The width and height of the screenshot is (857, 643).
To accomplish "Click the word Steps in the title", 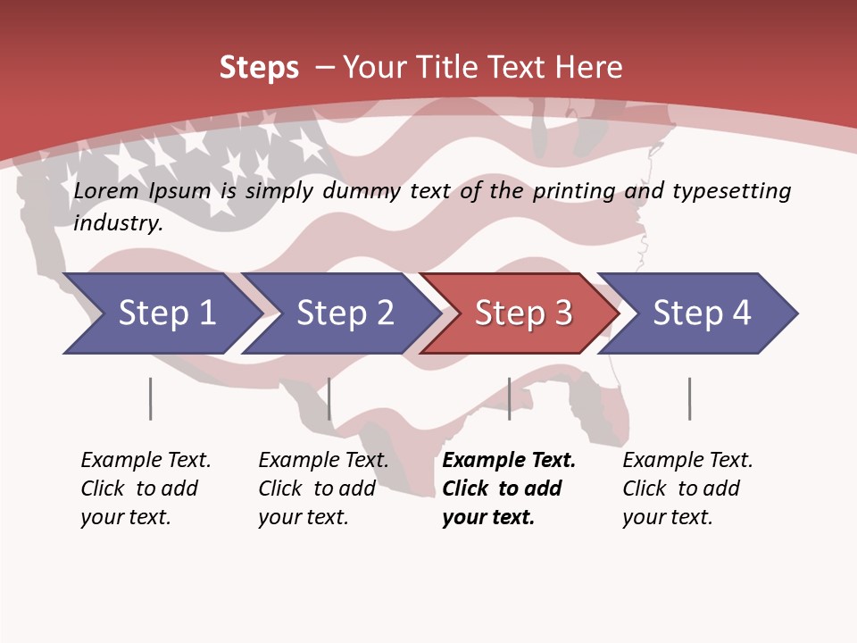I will pyautogui.click(x=259, y=67).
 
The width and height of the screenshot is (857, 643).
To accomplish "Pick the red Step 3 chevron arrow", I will pyautogui.click(x=523, y=313).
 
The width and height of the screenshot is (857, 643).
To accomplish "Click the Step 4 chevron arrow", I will pyautogui.click(x=702, y=313).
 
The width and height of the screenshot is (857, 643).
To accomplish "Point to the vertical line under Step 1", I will pyautogui.click(x=151, y=398).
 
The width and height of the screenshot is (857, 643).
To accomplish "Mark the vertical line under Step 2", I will pyautogui.click(x=329, y=398).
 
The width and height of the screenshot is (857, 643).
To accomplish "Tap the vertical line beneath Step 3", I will pyautogui.click(x=510, y=398).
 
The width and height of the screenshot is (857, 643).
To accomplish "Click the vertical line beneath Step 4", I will pyautogui.click(x=690, y=398).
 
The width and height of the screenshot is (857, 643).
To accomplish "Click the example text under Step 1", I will pyautogui.click(x=146, y=489).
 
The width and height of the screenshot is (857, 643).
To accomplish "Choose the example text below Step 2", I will pyautogui.click(x=323, y=489).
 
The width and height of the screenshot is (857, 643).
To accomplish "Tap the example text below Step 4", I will pyautogui.click(x=687, y=489).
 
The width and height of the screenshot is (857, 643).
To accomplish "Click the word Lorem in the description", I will pyautogui.click(x=106, y=191).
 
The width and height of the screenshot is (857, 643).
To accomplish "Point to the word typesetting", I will pyautogui.click(x=731, y=191).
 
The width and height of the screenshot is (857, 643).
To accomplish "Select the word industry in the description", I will pyautogui.click(x=118, y=222).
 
